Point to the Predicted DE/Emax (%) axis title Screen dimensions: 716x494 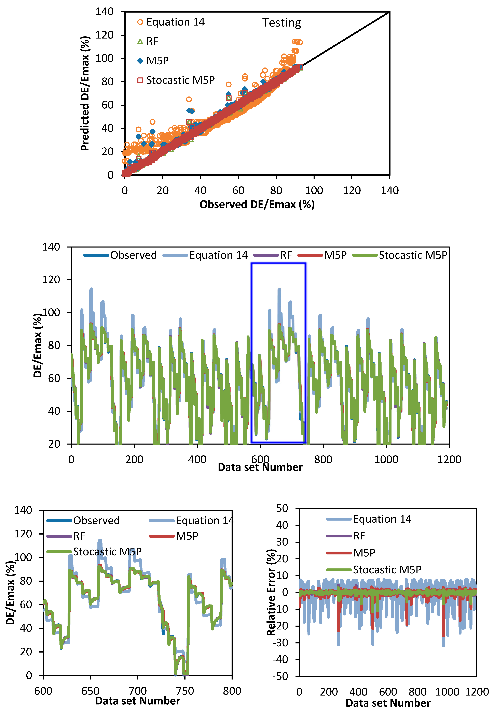tap(85, 93)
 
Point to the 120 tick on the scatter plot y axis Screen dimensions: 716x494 tap(105, 35)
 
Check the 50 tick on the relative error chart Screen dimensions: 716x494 tap(282, 508)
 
